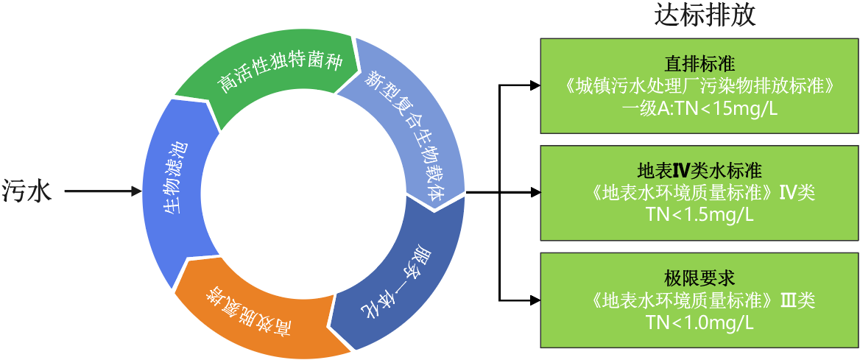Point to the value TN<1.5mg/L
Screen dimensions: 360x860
click(x=699, y=214)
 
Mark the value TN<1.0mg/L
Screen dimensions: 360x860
click(x=699, y=322)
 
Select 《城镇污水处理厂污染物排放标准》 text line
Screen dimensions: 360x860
click(x=699, y=86)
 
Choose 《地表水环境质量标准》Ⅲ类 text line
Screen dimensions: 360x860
click(x=699, y=300)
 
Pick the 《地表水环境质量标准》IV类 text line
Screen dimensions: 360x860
click(x=699, y=193)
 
